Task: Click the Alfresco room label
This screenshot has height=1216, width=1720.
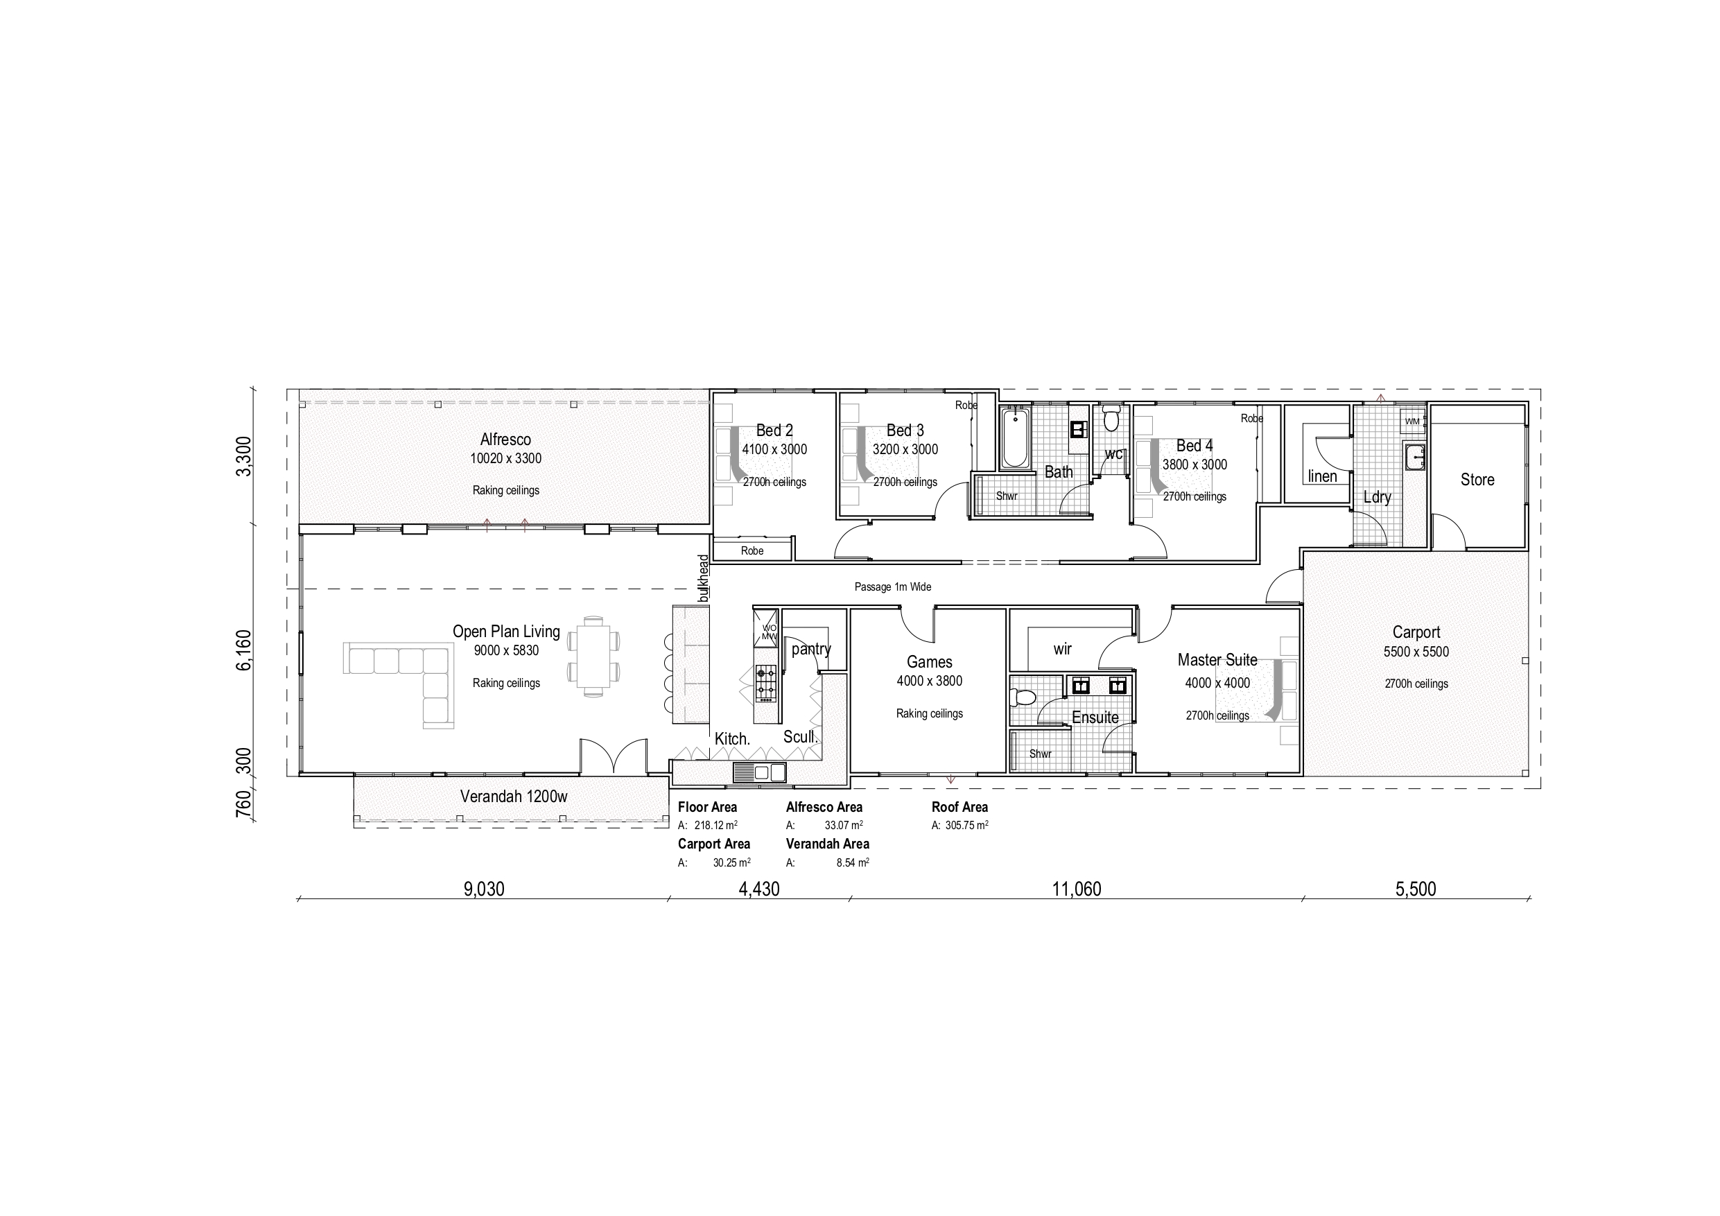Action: pyautogui.click(x=505, y=440)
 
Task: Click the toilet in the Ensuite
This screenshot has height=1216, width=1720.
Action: pyautogui.click(x=1022, y=698)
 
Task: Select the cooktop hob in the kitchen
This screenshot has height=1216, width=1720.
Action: pyautogui.click(x=765, y=683)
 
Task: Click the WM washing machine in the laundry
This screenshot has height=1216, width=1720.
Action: pyautogui.click(x=1412, y=421)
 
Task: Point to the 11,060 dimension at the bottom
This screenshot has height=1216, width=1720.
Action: pyautogui.click(x=1077, y=889)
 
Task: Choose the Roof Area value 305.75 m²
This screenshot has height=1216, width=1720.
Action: pyautogui.click(x=966, y=825)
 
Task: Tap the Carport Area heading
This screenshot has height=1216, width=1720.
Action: pyautogui.click(x=714, y=844)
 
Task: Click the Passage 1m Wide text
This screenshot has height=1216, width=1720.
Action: pyautogui.click(x=893, y=587)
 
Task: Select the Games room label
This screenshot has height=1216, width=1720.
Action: pyautogui.click(x=929, y=661)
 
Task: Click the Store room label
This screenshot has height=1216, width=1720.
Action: pyautogui.click(x=1477, y=480)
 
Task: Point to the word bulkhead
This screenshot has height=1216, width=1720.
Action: pyautogui.click(x=703, y=577)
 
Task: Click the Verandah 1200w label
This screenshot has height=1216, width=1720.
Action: pyautogui.click(x=513, y=797)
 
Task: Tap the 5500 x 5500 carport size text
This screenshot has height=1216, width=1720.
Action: pyautogui.click(x=1416, y=652)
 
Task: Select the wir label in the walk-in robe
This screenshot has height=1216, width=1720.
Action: pyautogui.click(x=1062, y=649)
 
